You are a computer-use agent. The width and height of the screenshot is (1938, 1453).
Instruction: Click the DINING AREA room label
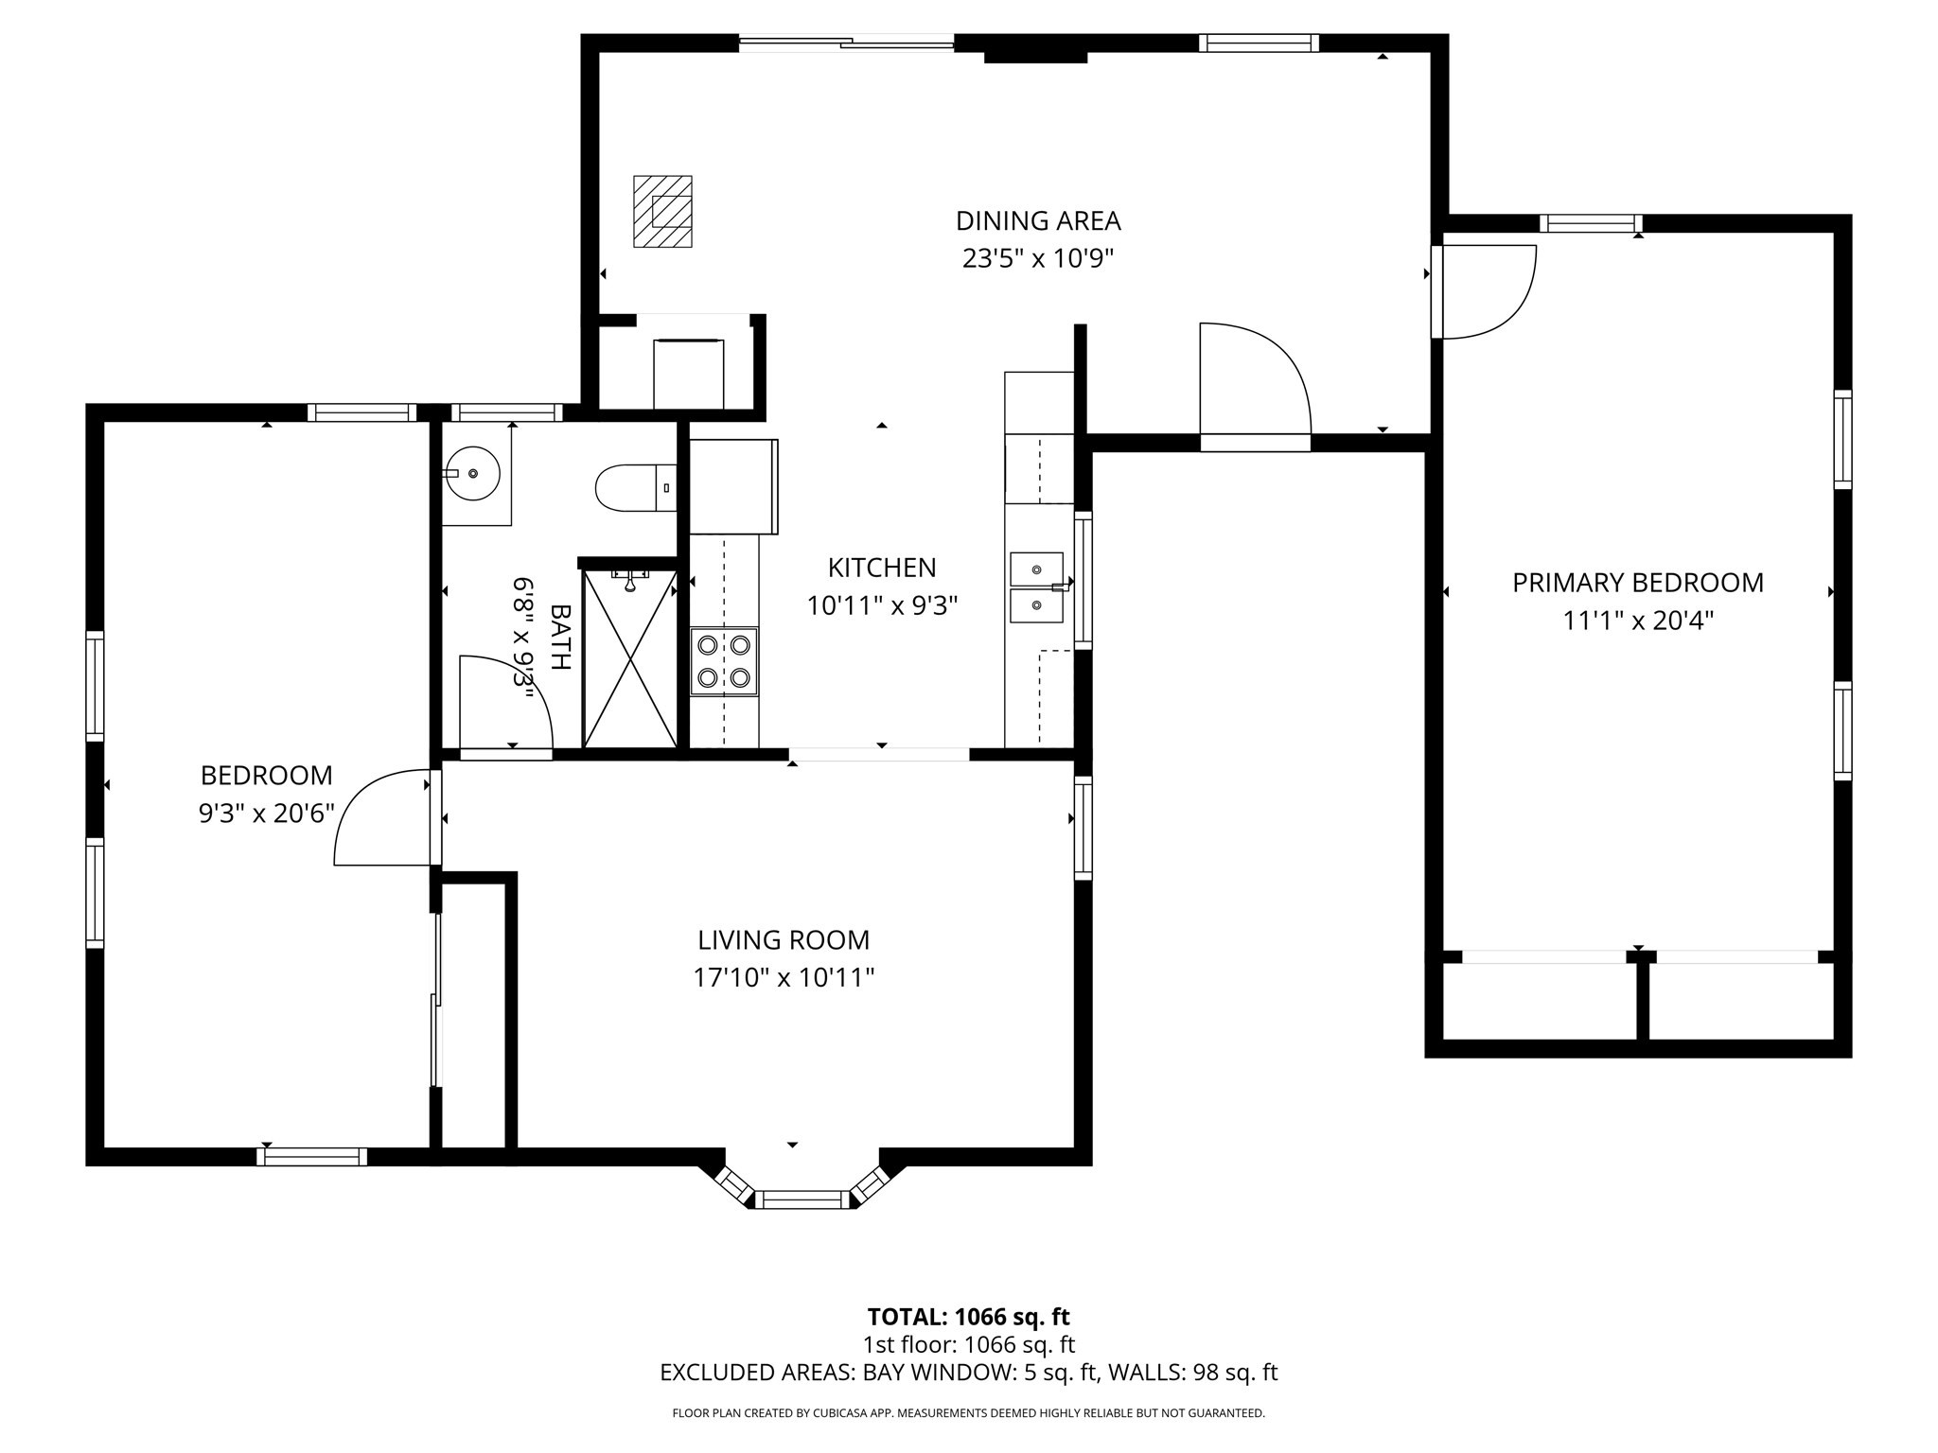[1038, 220]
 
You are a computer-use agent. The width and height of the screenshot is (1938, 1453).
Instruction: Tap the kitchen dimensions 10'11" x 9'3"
[882, 605]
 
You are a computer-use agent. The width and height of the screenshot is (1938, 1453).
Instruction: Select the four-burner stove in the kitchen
[724, 661]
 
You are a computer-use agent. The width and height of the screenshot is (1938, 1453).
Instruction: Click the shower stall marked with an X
[629, 658]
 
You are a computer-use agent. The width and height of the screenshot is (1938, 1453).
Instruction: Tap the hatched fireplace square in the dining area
[662, 212]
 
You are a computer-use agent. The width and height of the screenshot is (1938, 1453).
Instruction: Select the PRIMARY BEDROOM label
[1637, 583]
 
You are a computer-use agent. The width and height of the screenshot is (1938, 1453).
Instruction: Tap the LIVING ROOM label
[784, 940]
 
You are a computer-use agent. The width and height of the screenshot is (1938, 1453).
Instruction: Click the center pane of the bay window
[802, 1199]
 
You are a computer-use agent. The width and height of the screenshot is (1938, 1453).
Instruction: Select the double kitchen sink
[1036, 587]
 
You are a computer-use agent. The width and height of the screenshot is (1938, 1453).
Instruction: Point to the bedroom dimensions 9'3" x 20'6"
[267, 814]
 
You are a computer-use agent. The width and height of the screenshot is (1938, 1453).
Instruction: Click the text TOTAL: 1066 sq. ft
[968, 1317]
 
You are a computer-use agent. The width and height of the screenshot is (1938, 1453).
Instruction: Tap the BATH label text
[560, 637]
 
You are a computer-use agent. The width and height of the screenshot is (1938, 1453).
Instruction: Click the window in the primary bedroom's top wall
[1590, 223]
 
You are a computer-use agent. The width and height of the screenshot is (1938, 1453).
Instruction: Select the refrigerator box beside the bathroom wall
[733, 486]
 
